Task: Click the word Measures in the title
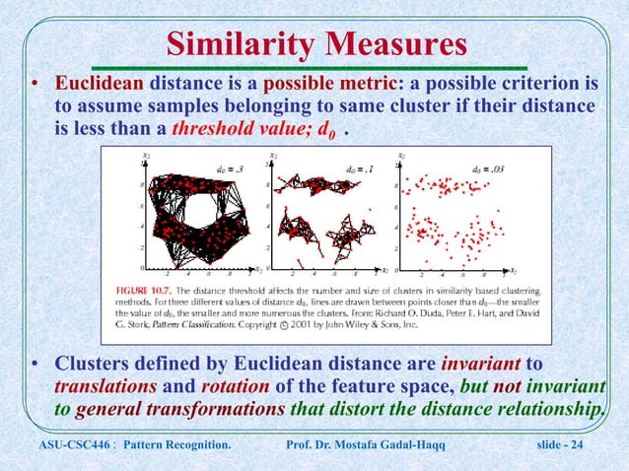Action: pos(396,45)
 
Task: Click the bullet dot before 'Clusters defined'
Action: pos(36,368)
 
